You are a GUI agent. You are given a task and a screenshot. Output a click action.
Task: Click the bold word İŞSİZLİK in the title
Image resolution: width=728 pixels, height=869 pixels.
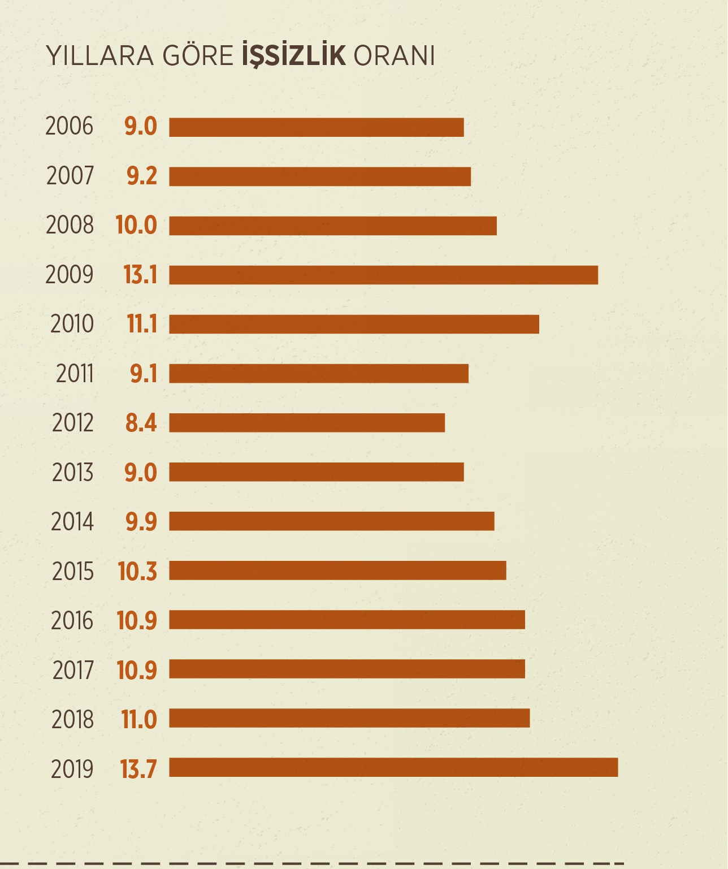tap(293, 55)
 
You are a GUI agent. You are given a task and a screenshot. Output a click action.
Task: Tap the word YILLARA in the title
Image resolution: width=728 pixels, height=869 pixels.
tap(99, 56)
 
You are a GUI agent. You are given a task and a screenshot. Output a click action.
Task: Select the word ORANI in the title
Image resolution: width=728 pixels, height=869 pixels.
tap(394, 56)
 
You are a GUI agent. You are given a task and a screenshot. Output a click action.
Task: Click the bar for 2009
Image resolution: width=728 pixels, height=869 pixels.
tap(383, 275)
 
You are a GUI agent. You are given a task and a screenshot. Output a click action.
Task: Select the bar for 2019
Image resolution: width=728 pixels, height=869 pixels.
tap(393, 767)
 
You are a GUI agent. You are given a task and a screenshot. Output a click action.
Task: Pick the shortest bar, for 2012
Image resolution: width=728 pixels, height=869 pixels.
tap(307, 423)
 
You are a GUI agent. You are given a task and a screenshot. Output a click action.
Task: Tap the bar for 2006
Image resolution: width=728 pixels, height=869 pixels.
tap(317, 127)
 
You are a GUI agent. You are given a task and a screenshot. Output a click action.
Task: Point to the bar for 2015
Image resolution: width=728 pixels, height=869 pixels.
tap(337, 570)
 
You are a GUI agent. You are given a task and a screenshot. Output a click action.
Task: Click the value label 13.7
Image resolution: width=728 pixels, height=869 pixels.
tap(138, 769)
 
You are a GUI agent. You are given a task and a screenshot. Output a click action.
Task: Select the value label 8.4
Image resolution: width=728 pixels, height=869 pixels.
tap(141, 423)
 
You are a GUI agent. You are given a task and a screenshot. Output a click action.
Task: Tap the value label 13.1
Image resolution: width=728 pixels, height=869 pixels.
tap(140, 275)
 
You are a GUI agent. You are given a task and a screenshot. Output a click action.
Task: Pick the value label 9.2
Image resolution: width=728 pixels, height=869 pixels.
tap(141, 176)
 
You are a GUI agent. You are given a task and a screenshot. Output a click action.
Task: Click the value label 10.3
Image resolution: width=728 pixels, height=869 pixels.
tap(137, 572)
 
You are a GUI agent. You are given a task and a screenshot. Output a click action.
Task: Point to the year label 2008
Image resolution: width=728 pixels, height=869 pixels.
tap(70, 225)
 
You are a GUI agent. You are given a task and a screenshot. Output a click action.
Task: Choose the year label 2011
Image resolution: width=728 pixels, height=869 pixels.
tap(75, 374)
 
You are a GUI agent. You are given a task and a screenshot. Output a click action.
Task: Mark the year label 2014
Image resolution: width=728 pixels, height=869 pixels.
tap(72, 522)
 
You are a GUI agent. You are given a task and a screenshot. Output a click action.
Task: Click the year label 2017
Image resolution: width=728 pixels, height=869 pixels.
tap(73, 670)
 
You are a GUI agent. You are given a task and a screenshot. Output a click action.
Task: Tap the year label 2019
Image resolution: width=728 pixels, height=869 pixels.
tap(72, 769)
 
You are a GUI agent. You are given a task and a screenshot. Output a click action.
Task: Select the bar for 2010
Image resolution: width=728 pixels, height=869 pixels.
tap(354, 325)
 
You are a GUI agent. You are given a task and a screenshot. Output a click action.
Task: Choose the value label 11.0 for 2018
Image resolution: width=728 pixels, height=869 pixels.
tap(138, 719)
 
